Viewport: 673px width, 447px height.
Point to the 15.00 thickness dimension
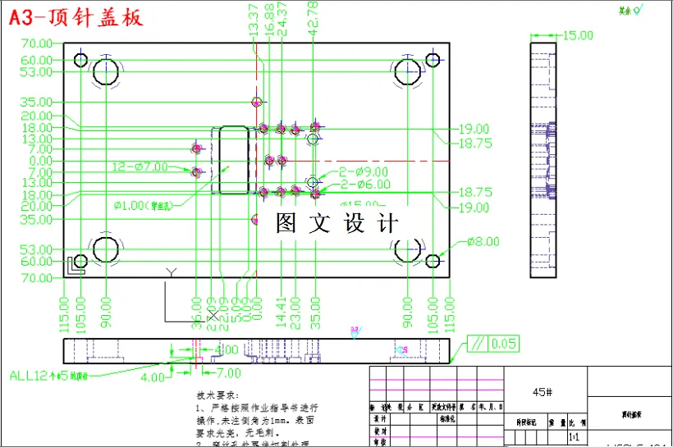click(x=577, y=35)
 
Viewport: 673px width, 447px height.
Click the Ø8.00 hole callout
click(x=483, y=242)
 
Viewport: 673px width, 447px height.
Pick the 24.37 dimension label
click(x=282, y=18)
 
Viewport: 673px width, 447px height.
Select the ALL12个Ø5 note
click(x=48, y=376)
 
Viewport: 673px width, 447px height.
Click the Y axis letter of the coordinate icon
click(x=171, y=271)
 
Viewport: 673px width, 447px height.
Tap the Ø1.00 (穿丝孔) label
click(x=149, y=204)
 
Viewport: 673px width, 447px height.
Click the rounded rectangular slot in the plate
click(x=233, y=159)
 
